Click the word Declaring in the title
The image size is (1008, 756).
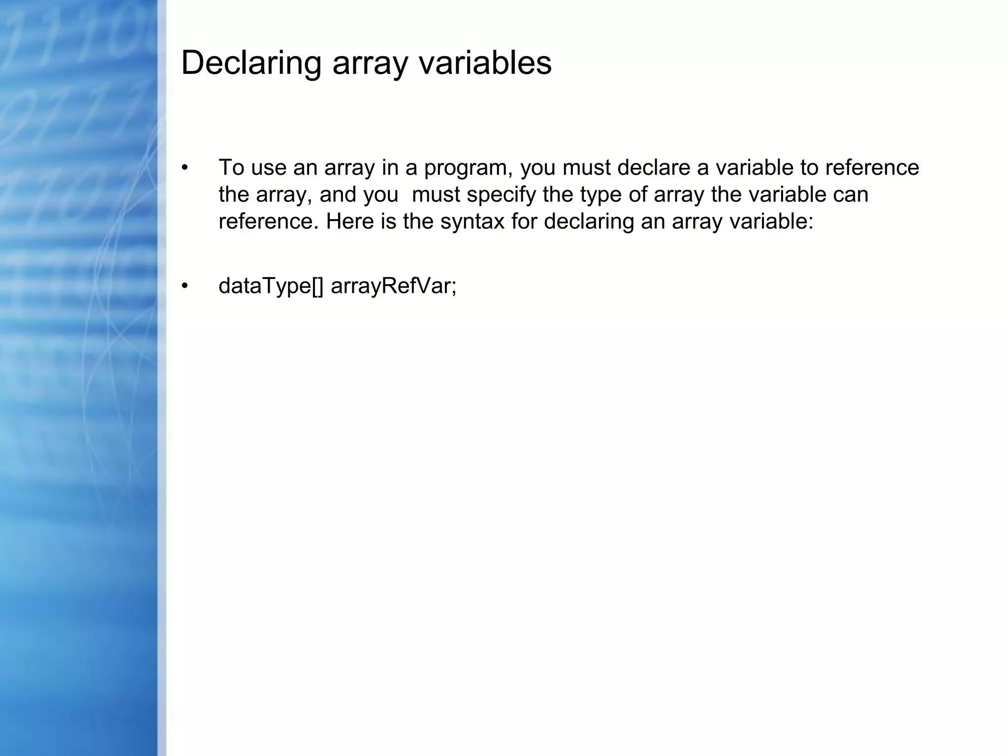(251, 64)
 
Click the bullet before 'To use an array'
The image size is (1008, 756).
(185, 168)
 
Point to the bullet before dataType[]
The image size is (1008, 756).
(185, 286)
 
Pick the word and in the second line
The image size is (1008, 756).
(338, 195)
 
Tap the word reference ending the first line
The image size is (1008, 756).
(872, 168)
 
